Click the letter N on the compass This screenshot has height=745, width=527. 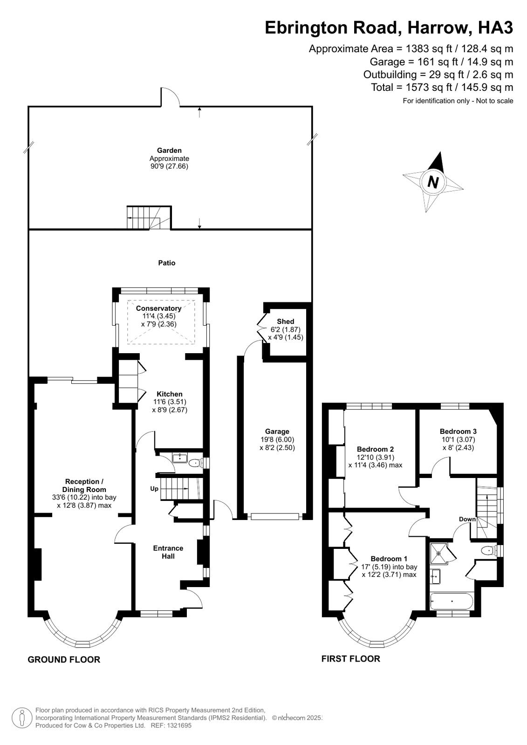click(433, 182)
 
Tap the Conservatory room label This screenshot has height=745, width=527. click(159, 308)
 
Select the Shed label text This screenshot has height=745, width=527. click(286, 321)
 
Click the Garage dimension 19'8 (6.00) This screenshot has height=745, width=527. click(277, 439)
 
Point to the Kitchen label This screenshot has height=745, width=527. click(170, 394)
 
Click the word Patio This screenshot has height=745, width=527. click(167, 263)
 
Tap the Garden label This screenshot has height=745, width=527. click(169, 150)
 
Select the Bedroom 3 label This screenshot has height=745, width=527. click(458, 431)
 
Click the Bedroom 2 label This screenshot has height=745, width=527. click(375, 449)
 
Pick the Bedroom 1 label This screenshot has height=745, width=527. click(389, 559)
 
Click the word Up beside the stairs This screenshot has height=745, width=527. click(154, 489)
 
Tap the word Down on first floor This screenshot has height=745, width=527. click(467, 519)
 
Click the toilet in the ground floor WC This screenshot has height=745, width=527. click(195, 463)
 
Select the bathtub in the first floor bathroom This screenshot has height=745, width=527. click(451, 601)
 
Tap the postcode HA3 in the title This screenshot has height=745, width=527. click(495, 28)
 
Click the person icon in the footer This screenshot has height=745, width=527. click(22, 718)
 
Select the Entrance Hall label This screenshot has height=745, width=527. click(168, 552)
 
